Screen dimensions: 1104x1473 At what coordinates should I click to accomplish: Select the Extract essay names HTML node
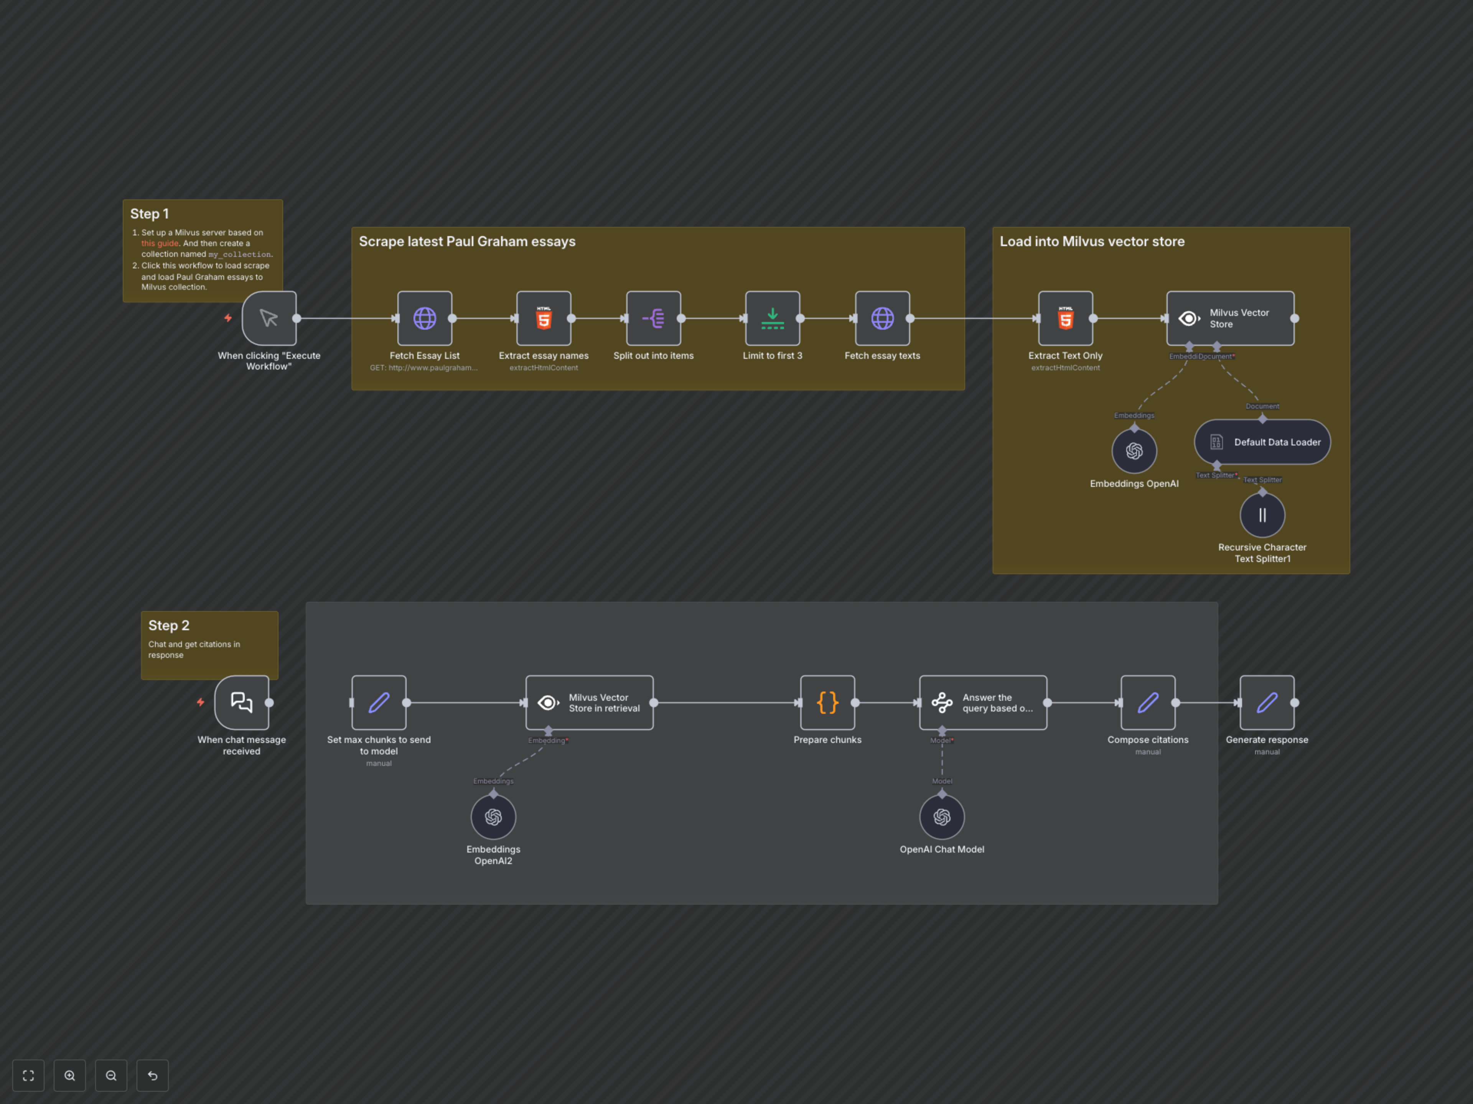pyautogui.click(x=544, y=318)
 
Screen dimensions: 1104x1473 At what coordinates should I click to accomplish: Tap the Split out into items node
pyautogui.click(x=653, y=318)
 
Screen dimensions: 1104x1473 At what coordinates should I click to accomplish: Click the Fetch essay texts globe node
pyautogui.click(x=882, y=318)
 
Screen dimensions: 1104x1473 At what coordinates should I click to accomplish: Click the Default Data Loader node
pyautogui.click(x=1262, y=442)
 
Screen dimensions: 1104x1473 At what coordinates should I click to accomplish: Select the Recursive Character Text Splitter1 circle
pyautogui.click(x=1262, y=515)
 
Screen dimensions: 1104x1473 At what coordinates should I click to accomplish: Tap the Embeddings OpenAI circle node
pyautogui.click(x=1134, y=451)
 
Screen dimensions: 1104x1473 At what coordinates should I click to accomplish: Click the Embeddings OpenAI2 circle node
pyautogui.click(x=493, y=817)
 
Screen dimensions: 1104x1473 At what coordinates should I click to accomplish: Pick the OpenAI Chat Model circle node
pyautogui.click(x=942, y=817)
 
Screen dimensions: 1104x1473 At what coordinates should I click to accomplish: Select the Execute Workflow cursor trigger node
pyautogui.click(x=269, y=318)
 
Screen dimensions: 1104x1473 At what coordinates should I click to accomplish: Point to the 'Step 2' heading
pyautogui.click(x=168, y=626)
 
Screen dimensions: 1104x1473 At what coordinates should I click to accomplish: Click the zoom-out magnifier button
pyautogui.click(x=111, y=1075)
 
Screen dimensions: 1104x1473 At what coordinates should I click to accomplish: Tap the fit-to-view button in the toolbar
pyautogui.click(x=28, y=1075)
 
